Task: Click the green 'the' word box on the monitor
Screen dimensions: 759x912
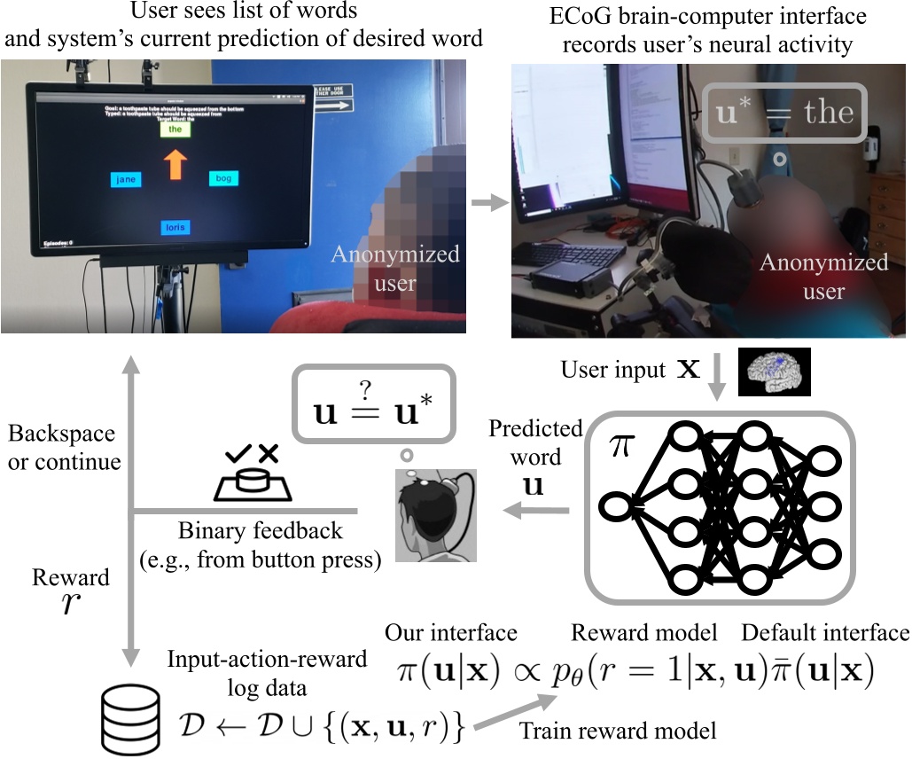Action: pos(175,129)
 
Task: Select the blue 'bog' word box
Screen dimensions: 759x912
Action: pos(224,179)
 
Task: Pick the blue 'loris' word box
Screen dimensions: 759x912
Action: pos(175,228)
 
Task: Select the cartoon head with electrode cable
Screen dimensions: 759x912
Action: pos(435,515)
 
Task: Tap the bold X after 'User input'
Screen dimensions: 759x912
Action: pos(689,369)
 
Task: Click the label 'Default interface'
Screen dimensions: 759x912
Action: pos(824,632)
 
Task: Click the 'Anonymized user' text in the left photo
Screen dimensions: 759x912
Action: pos(395,269)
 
